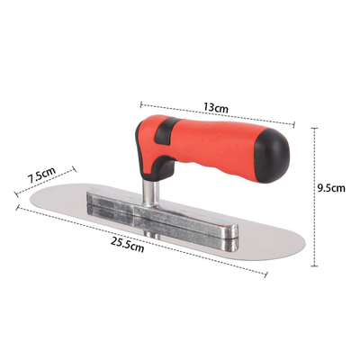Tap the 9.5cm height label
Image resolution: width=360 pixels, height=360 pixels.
331,188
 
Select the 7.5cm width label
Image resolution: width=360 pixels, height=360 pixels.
41,175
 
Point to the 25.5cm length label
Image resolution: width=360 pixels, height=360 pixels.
127,245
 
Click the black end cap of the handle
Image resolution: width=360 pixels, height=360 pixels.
273,157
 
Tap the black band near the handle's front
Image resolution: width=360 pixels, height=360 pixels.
165,130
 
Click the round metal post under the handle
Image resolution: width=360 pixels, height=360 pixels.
148,193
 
